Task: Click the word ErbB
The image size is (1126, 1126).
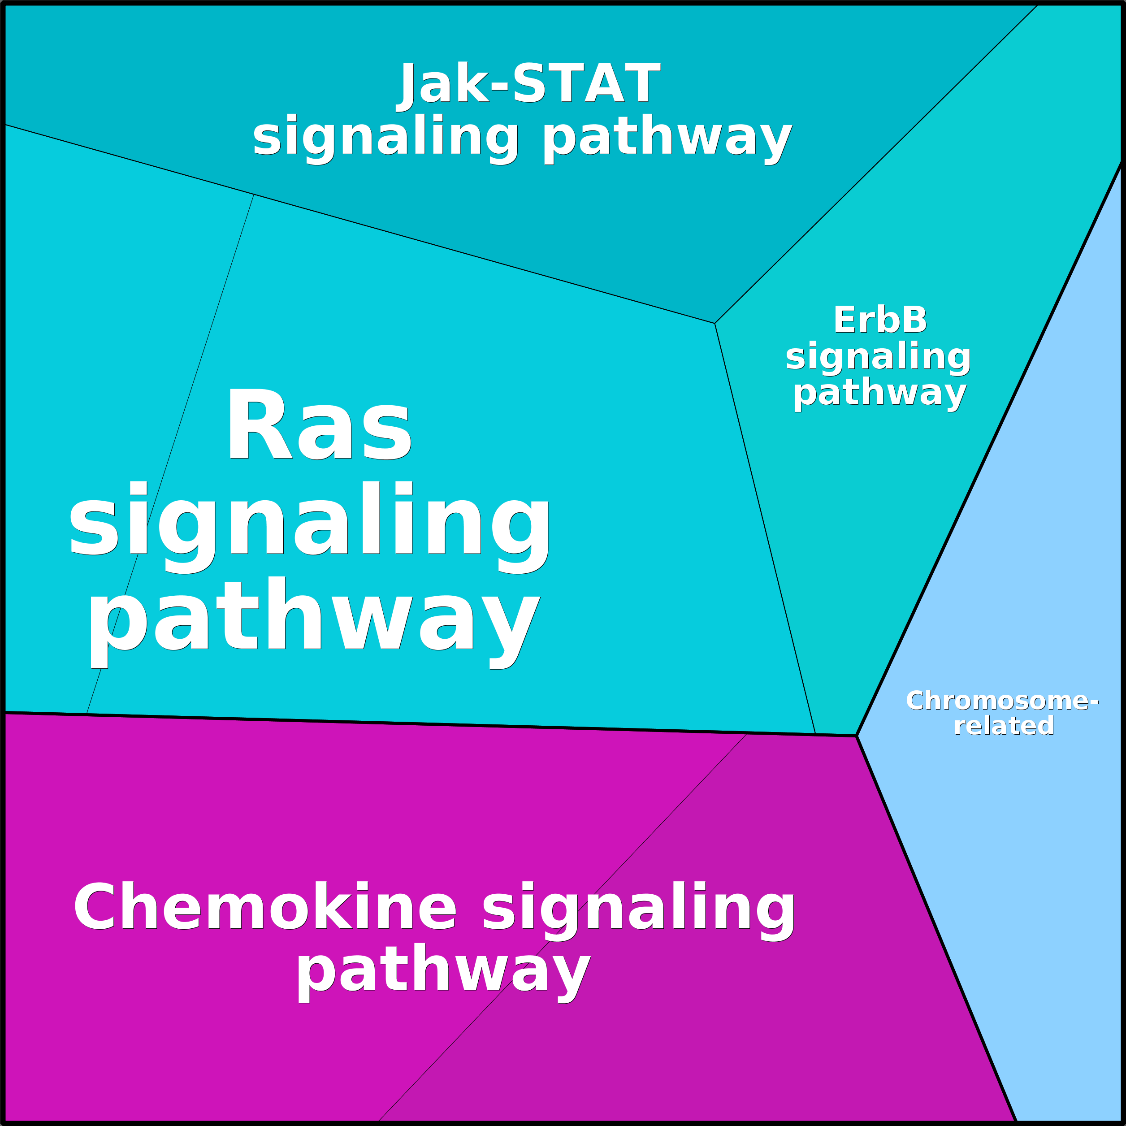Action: pos(879,320)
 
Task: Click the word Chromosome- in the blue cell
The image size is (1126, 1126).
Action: pos(1002,701)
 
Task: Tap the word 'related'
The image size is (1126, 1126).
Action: pos(1004,726)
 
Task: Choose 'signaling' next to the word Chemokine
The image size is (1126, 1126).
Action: pos(638,910)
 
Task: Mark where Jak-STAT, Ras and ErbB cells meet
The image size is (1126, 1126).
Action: pos(715,323)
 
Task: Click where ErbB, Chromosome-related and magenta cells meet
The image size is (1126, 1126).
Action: pos(856,736)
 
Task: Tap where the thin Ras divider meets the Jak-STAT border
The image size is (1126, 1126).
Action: pos(254,195)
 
